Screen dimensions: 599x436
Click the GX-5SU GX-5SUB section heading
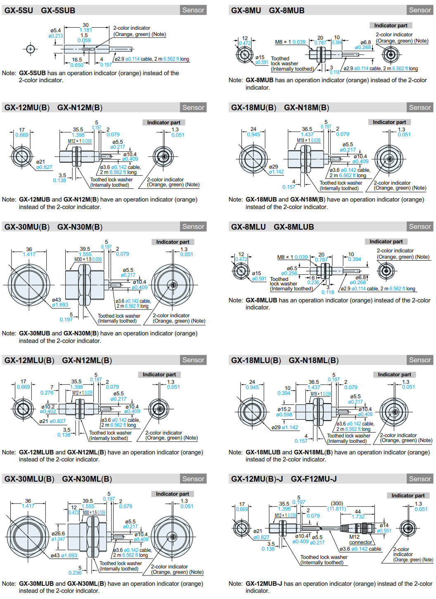pyautogui.click(x=40, y=10)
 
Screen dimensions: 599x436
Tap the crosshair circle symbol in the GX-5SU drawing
pyautogui.click(x=30, y=49)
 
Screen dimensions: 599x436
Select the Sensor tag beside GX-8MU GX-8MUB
pyautogui.click(x=419, y=10)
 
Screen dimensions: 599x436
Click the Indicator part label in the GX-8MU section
pyautogui.click(x=391, y=26)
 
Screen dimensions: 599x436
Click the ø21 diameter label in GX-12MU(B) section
pyautogui.click(x=40, y=162)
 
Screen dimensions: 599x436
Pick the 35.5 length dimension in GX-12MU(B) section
pyautogui.click(x=78, y=130)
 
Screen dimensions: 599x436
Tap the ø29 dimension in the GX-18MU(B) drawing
pyautogui.click(x=273, y=166)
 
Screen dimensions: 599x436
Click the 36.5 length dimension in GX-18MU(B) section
pyautogui.click(x=307, y=129)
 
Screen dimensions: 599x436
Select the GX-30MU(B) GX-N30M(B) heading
pyautogui.click(x=53, y=227)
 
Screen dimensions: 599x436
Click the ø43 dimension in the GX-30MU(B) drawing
pyautogui.click(x=57, y=299)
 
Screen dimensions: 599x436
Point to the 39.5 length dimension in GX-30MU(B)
pyautogui.click(x=85, y=249)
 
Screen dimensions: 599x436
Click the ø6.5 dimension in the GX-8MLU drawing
pyautogui.click(x=292, y=268)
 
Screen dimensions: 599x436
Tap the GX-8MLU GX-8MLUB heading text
pyautogui.click(x=272, y=227)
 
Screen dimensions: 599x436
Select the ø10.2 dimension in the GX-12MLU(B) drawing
pyautogui.click(x=48, y=406)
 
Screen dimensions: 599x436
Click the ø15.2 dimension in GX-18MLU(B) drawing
pyautogui.click(x=284, y=409)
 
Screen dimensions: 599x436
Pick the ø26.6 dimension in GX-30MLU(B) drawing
pyautogui.click(x=58, y=533)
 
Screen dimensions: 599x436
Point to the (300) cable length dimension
pyautogui.click(x=337, y=504)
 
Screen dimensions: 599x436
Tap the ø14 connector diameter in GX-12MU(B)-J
pyautogui.click(x=384, y=525)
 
